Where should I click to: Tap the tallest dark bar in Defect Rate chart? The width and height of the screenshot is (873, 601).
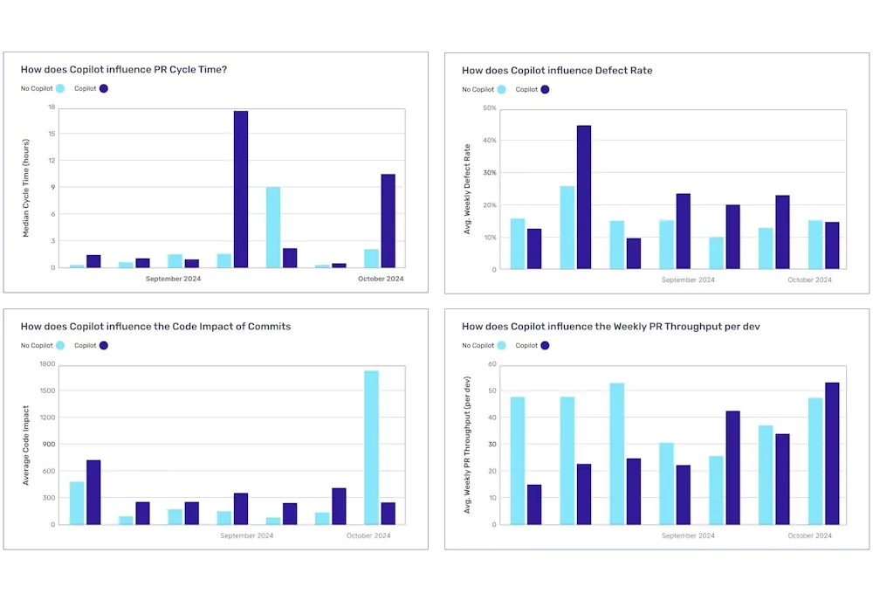coord(584,197)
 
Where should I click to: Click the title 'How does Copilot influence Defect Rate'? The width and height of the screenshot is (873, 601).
coord(557,70)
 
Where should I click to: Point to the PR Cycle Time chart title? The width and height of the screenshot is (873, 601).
coord(124,69)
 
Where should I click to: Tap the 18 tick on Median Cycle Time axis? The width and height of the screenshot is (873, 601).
coord(52,107)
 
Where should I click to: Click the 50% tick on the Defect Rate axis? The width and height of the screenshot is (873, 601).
coord(489,108)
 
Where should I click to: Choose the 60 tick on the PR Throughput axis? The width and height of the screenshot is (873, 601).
coord(491,364)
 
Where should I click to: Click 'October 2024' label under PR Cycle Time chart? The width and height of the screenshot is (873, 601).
coord(382,279)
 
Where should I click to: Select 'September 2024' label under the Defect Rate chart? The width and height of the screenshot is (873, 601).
coord(688,280)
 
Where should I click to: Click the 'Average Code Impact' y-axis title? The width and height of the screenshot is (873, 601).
coord(26,446)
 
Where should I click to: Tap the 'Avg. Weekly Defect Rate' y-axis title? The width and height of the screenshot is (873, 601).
coord(467,189)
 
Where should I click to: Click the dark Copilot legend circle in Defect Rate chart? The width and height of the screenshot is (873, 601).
coord(546,89)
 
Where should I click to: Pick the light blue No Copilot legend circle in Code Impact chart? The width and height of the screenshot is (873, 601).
coord(60,346)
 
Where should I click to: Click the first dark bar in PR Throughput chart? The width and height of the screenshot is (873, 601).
coord(534,504)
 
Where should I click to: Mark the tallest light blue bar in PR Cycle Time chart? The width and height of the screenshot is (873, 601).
coord(273,227)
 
